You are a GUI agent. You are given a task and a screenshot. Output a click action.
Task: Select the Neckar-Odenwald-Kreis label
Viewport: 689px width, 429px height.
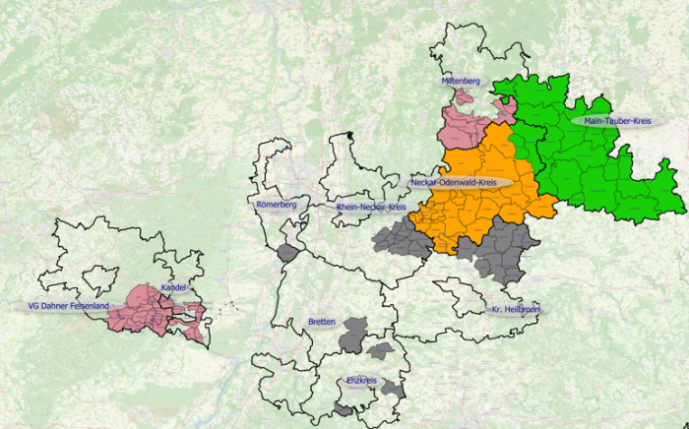(x=460, y=182)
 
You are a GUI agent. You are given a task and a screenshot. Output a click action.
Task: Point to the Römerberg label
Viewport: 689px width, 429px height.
(x=276, y=205)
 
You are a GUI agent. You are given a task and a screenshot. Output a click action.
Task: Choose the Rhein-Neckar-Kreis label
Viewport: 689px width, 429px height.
(x=370, y=208)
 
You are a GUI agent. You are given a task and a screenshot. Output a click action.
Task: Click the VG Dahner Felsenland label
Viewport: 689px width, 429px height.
(x=68, y=306)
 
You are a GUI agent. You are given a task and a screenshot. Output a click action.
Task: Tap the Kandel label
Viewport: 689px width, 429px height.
(x=173, y=287)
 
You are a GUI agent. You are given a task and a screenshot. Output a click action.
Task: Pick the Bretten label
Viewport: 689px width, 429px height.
(x=322, y=322)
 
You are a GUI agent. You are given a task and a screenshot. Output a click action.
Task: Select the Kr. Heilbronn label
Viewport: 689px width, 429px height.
(x=515, y=310)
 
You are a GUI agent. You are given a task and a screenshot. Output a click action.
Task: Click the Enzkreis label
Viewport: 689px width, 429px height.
(x=361, y=380)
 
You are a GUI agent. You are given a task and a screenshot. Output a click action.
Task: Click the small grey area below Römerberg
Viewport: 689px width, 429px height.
(x=286, y=253)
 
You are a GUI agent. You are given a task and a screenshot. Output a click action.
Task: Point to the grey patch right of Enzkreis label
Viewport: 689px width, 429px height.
(x=393, y=385)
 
